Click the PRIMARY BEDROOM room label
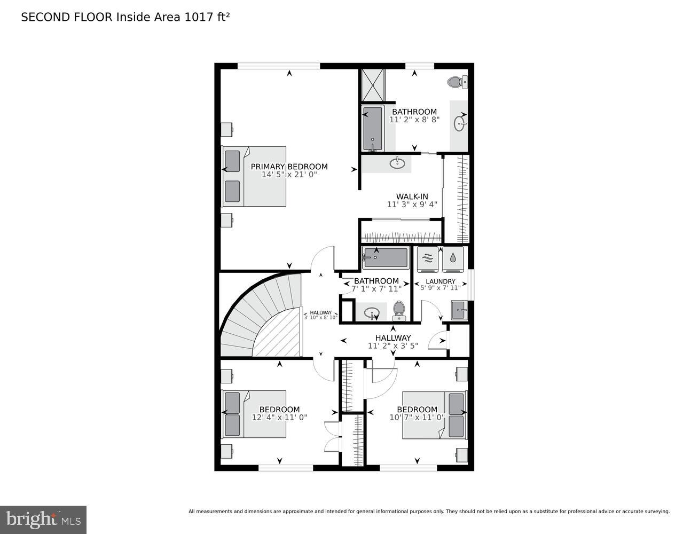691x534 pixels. [x=289, y=167]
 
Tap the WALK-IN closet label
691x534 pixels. [x=412, y=197]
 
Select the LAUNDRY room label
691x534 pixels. [x=441, y=281]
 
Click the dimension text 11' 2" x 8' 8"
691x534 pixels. [x=414, y=120]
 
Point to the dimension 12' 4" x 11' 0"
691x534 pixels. [x=279, y=418]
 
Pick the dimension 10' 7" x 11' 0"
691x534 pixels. [x=417, y=418]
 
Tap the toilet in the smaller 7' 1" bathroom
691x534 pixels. [x=399, y=310]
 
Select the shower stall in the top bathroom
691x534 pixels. [x=373, y=85]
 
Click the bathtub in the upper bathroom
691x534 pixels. [x=373, y=129]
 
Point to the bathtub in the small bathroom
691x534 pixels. [x=385, y=257]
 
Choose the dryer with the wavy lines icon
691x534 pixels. [x=427, y=258]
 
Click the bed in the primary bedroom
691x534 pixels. [x=254, y=176]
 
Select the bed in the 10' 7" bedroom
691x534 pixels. [x=434, y=415]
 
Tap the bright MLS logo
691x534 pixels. [x=43, y=519]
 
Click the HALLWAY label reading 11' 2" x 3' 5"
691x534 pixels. [x=392, y=342]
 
